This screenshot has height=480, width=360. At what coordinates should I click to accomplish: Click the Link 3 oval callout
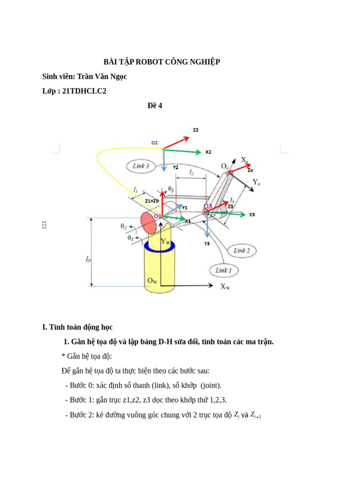(x=141, y=165)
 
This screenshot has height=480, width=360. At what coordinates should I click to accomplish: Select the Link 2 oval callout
(x=241, y=250)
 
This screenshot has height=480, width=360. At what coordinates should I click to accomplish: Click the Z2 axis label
(x=195, y=130)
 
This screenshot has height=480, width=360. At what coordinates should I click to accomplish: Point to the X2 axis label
(x=208, y=152)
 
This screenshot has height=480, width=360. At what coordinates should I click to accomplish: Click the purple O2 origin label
(x=154, y=142)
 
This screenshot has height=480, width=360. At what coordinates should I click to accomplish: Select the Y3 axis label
(x=207, y=244)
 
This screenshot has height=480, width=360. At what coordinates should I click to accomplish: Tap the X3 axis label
(x=252, y=214)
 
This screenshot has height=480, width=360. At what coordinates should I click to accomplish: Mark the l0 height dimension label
(x=88, y=258)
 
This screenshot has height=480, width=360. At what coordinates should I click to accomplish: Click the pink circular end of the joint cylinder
(x=148, y=219)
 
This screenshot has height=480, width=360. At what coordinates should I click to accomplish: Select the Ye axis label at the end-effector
(x=256, y=182)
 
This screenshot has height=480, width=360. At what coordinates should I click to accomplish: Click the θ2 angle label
(x=124, y=226)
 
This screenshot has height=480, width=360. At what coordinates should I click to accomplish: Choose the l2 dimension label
(x=192, y=172)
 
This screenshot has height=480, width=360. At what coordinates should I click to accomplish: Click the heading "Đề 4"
(x=155, y=105)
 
